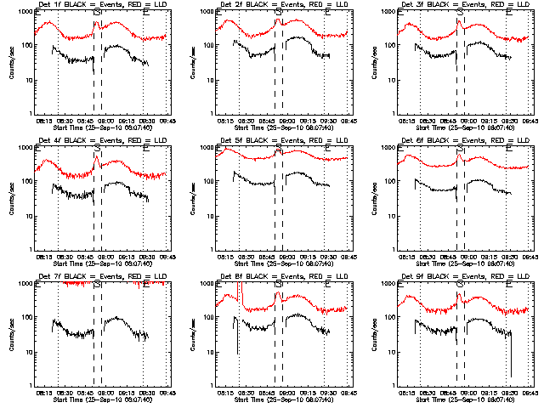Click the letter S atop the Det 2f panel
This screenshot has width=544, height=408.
279,14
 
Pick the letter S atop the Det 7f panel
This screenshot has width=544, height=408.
97,286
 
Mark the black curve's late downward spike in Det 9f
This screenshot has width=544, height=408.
512,361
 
